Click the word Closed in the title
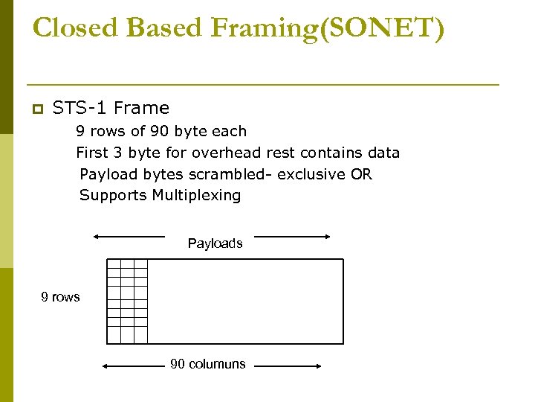pos(77,28)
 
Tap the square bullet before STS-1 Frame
pos(36,109)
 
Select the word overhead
pos(226,153)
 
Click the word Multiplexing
pos(196,196)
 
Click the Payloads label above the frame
pos(215,243)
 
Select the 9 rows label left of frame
pos(60,297)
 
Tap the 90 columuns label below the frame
pos(207,364)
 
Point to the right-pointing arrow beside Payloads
pos(292,237)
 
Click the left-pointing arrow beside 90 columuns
pos(134,366)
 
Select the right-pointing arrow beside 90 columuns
pos(287,366)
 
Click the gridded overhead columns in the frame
pos(127,301)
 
